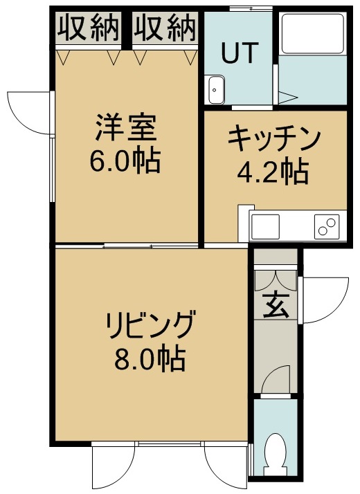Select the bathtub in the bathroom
tap(312, 33)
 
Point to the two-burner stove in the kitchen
tap(327, 227)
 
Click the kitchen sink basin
tap(265, 226)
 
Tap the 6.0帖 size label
tap(125, 161)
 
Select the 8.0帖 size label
tap(150, 358)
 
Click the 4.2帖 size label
tap(273, 172)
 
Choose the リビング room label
tap(150, 324)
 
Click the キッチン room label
tap(273, 138)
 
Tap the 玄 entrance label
tap(276, 305)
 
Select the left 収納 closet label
tap(89, 28)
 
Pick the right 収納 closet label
tap(165, 28)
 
